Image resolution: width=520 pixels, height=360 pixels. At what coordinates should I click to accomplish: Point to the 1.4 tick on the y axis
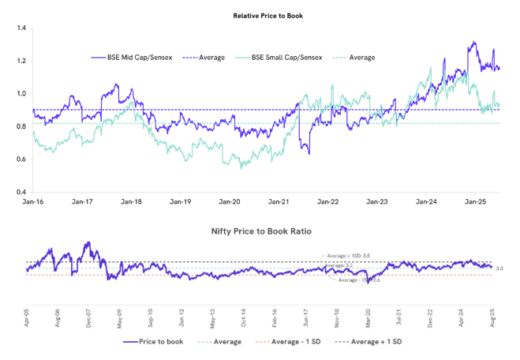click(x=21, y=28)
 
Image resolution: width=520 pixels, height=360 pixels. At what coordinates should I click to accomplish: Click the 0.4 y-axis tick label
click(x=21, y=192)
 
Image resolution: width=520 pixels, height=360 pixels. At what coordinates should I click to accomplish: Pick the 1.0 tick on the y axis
click(x=21, y=94)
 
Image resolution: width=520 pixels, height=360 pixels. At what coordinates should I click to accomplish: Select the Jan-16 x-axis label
click(x=33, y=202)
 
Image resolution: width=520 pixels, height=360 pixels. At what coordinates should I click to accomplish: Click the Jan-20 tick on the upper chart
click(x=230, y=202)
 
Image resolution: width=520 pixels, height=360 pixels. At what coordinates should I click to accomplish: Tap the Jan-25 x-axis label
click(x=475, y=202)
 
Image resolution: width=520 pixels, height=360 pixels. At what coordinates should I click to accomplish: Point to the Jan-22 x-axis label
click(x=327, y=202)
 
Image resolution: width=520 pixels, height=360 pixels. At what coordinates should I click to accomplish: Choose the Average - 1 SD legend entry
click(x=290, y=342)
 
